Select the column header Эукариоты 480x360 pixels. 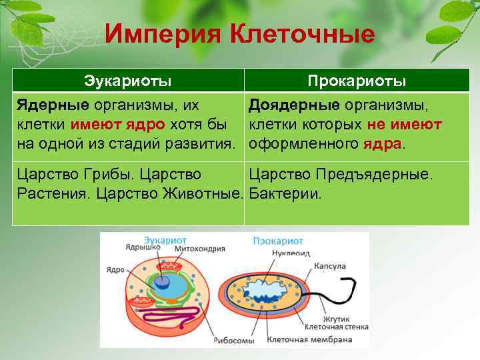(x=128, y=81)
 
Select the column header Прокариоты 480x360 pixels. (x=357, y=81)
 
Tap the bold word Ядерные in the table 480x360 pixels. (x=53, y=106)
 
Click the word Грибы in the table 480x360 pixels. (x=102, y=175)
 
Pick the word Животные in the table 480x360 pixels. (x=206, y=195)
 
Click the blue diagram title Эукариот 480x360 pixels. (x=165, y=240)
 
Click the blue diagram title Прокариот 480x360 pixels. (x=277, y=241)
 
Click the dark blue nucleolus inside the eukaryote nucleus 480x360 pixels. (x=163, y=282)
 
